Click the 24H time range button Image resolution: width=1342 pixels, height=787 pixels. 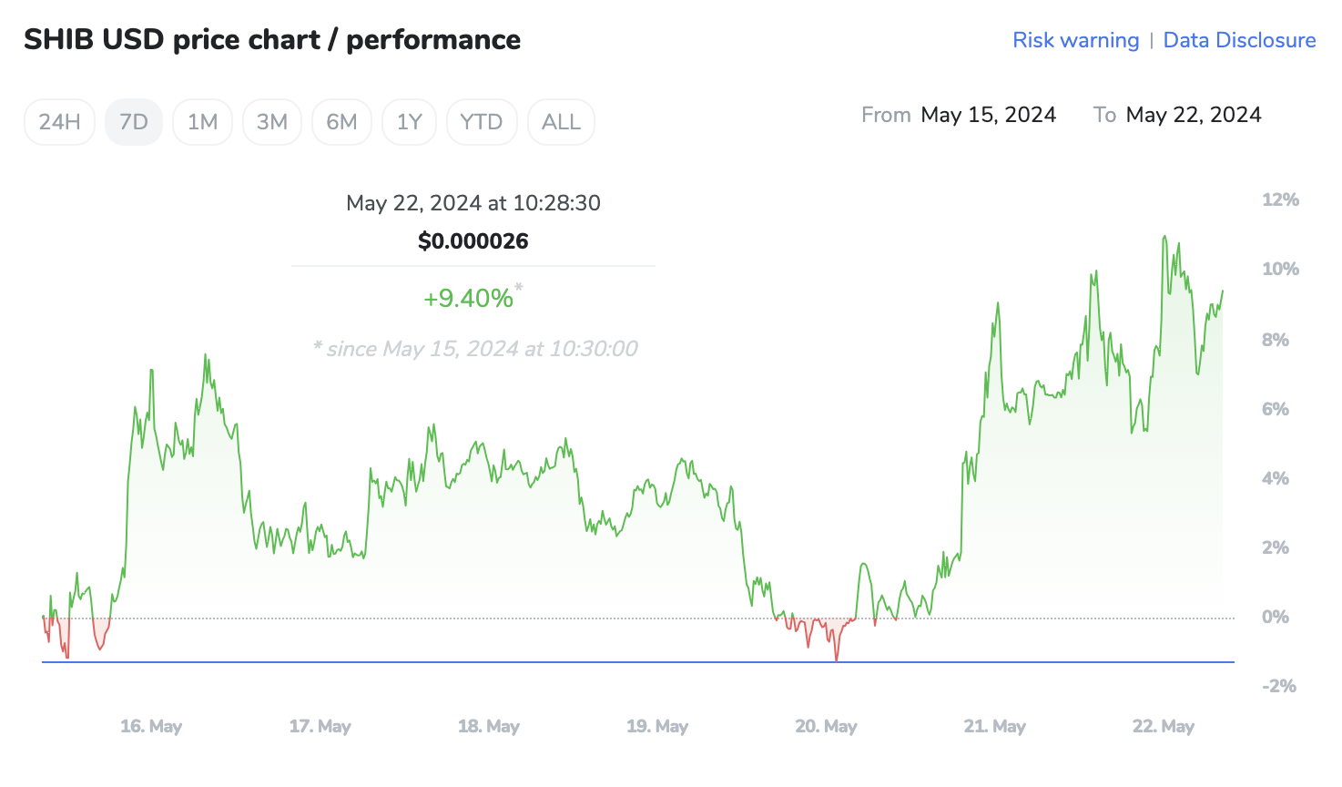[59, 122]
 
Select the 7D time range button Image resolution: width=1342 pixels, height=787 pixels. [134, 122]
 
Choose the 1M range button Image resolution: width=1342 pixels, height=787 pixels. [202, 122]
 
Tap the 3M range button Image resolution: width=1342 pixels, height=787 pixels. [272, 122]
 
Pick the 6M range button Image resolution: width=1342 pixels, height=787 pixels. [341, 122]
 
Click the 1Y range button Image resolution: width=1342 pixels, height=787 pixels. [410, 122]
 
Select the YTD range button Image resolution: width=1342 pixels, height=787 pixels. [482, 122]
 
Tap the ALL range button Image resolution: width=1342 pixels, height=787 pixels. [561, 122]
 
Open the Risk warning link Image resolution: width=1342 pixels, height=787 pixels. [1075, 40]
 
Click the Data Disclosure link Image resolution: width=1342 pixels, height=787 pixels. [1239, 40]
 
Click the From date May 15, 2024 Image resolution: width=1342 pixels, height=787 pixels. [988, 115]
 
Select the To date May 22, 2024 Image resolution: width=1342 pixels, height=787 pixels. [1193, 115]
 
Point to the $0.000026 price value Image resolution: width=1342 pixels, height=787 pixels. [473, 241]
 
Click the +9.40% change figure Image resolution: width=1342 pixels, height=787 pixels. [469, 299]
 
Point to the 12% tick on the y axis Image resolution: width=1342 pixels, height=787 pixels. [1280, 200]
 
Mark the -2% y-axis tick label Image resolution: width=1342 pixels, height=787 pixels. [1278, 687]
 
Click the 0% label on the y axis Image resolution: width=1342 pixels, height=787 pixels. [1275, 618]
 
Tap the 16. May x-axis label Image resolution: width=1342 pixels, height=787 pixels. [151, 727]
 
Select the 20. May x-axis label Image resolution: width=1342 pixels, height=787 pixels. [826, 727]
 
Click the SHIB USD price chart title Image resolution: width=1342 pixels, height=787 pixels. [272, 40]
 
